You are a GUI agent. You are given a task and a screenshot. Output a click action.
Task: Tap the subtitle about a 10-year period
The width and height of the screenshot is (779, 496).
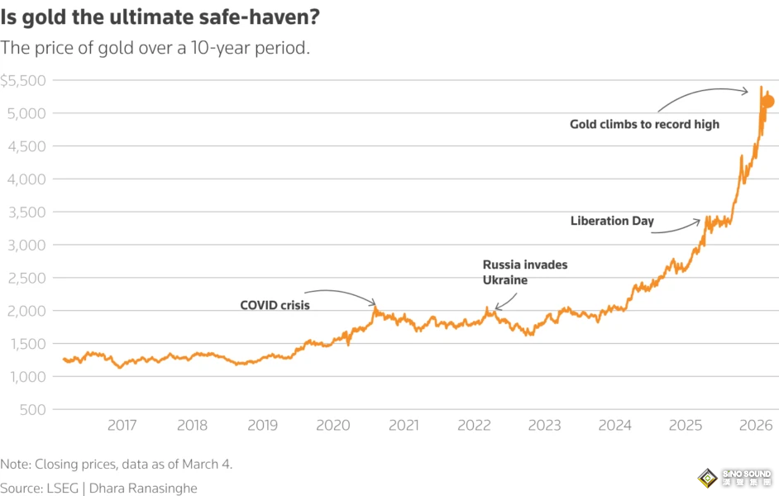coord(155,48)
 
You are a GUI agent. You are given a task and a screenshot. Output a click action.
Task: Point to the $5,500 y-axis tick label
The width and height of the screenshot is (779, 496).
coord(23,81)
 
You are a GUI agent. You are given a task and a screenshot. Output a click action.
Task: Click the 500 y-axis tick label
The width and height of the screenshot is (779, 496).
coord(33,410)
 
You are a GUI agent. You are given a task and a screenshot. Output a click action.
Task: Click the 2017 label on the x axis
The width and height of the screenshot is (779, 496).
coord(122,426)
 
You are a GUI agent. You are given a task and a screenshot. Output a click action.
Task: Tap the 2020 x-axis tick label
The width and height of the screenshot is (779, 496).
coord(333,426)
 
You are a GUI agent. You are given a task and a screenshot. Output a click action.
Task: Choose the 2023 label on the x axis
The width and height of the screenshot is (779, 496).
coord(544,426)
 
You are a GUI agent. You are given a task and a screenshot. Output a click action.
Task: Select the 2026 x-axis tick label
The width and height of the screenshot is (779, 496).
coord(756,426)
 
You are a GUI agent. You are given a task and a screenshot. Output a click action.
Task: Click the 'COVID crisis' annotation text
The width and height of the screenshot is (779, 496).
coord(275,305)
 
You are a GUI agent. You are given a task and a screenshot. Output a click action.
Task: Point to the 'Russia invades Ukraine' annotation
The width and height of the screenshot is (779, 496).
coord(525,272)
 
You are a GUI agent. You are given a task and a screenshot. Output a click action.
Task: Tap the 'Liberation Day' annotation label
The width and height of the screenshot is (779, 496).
coord(612,221)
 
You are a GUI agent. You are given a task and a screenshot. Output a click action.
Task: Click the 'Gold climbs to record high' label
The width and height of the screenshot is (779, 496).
coord(644,124)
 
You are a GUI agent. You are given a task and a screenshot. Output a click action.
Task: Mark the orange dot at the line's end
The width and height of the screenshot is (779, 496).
coord(767,102)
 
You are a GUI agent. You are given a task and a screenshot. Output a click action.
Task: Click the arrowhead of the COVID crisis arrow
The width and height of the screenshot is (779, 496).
coord(375,304)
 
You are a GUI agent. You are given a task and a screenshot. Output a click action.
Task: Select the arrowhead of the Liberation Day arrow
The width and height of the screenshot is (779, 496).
coord(700,221)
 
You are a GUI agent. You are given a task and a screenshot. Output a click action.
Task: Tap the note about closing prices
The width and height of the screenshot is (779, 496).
coord(117,465)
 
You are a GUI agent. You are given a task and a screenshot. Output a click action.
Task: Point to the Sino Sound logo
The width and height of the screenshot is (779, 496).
coord(735,479)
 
